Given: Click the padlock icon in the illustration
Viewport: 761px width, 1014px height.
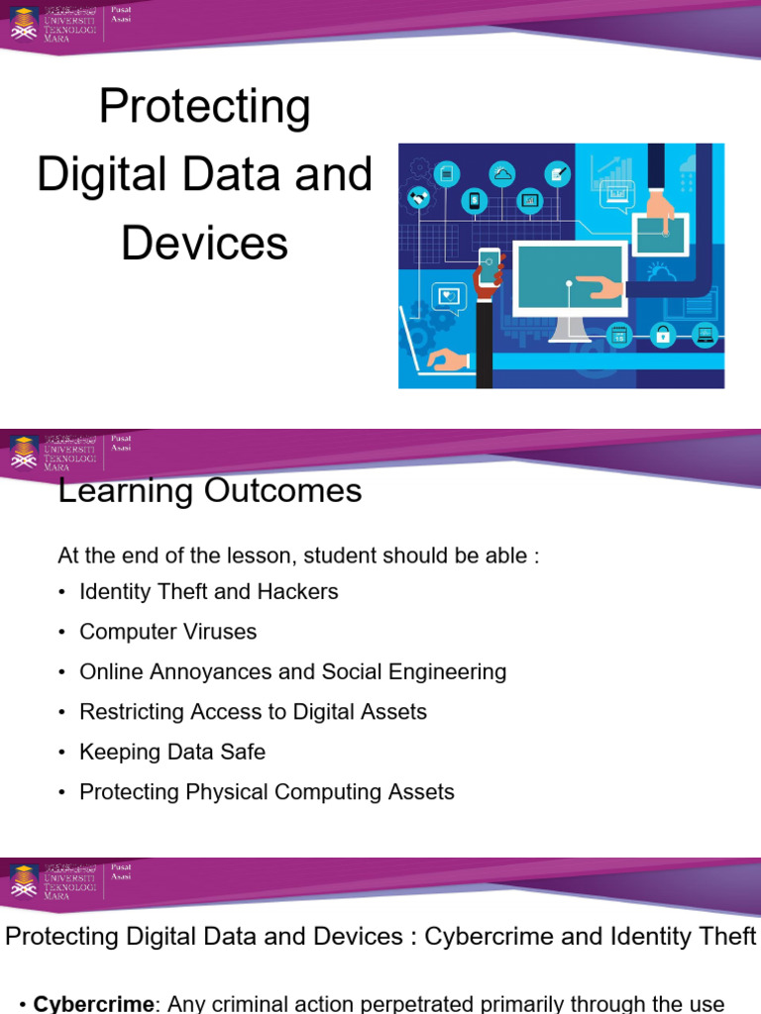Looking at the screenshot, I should pyautogui.click(x=663, y=335).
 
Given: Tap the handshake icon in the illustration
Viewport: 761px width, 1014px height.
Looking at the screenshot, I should pyautogui.click(x=417, y=198).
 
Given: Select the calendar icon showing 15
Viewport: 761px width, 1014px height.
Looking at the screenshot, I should pyautogui.click(x=619, y=335).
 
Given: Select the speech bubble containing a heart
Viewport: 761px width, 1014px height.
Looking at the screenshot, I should pyautogui.click(x=450, y=294).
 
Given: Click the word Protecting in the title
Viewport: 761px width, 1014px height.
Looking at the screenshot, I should pyautogui.click(x=205, y=107).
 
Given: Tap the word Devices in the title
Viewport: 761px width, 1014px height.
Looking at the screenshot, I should pyautogui.click(x=205, y=244).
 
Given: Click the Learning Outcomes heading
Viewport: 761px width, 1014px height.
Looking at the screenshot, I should pyautogui.click(x=210, y=490).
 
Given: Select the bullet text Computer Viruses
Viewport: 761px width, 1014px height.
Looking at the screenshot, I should pyautogui.click(x=167, y=632).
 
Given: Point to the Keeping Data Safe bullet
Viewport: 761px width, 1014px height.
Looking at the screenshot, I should pyautogui.click(x=172, y=752).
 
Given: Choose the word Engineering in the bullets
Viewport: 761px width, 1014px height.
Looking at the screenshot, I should pyautogui.click(x=449, y=671).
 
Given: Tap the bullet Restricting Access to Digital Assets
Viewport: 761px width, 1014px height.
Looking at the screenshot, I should pyautogui.click(x=253, y=712).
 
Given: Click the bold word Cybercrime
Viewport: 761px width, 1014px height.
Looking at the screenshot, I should pyautogui.click(x=94, y=1003).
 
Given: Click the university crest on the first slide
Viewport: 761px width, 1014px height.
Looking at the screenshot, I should pyautogui.click(x=24, y=21).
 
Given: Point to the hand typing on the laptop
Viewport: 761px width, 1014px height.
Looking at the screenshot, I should pyautogui.click(x=447, y=359).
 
